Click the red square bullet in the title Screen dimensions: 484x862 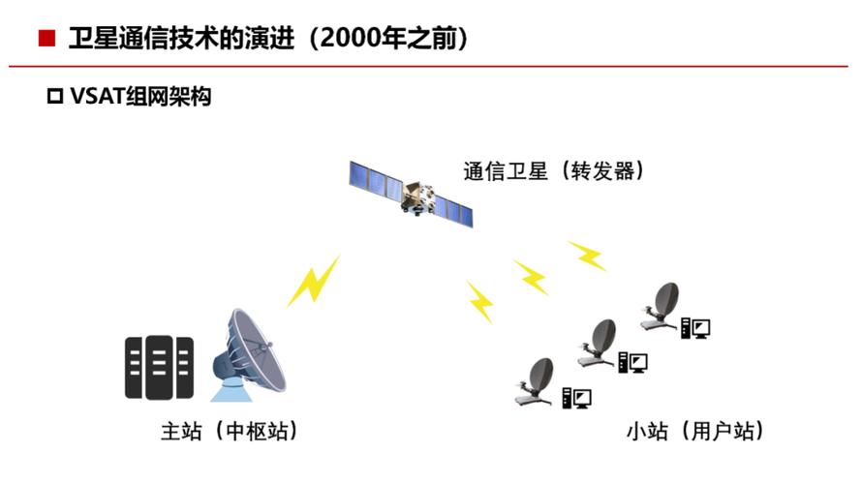46,40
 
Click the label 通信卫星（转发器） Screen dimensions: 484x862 554,171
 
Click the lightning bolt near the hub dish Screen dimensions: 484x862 314,280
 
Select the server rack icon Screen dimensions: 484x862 159,367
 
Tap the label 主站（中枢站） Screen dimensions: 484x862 229,430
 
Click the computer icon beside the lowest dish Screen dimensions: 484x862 577,397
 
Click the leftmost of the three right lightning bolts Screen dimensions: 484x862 479,301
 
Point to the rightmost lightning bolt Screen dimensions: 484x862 587,256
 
